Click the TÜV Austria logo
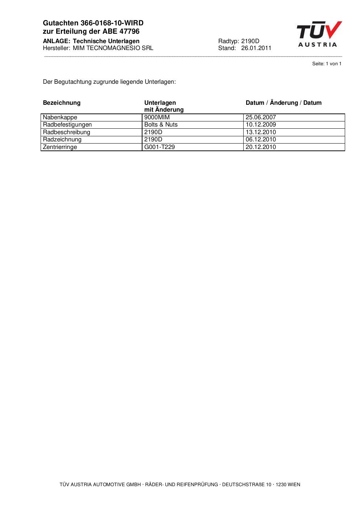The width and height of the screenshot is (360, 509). [x=319, y=34]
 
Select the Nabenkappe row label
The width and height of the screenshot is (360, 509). [x=60, y=117]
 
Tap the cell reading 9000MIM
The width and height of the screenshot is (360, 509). [x=157, y=117]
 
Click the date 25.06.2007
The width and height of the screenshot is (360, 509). [x=261, y=117]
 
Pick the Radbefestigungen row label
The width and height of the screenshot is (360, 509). [x=67, y=125]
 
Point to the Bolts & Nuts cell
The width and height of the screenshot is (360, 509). [x=161, y=125]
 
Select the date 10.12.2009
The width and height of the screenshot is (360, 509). [x=261, y=125]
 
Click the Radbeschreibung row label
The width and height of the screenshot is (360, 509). [x=66, y=132]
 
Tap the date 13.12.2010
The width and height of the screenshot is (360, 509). [x=261, y=132]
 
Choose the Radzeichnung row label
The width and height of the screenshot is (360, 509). [x=62, y=140]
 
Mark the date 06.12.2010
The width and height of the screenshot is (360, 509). [x=261, y=140]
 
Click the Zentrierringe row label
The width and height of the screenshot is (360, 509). [x=60, y=147]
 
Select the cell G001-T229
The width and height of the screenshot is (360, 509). [x=159, y=147]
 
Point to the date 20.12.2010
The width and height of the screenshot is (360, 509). [x=261, y=147]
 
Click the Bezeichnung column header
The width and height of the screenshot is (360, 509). [x=62, y=103]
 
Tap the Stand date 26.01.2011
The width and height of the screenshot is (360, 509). [x=256, y=48]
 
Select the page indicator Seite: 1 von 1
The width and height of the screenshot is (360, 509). [x=327, y=64]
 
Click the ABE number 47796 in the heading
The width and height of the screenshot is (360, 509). [x=129, y=32]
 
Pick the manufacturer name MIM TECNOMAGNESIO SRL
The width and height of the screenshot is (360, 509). [x=113, y=48]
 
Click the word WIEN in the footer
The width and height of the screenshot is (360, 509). [x=294, y=485]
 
